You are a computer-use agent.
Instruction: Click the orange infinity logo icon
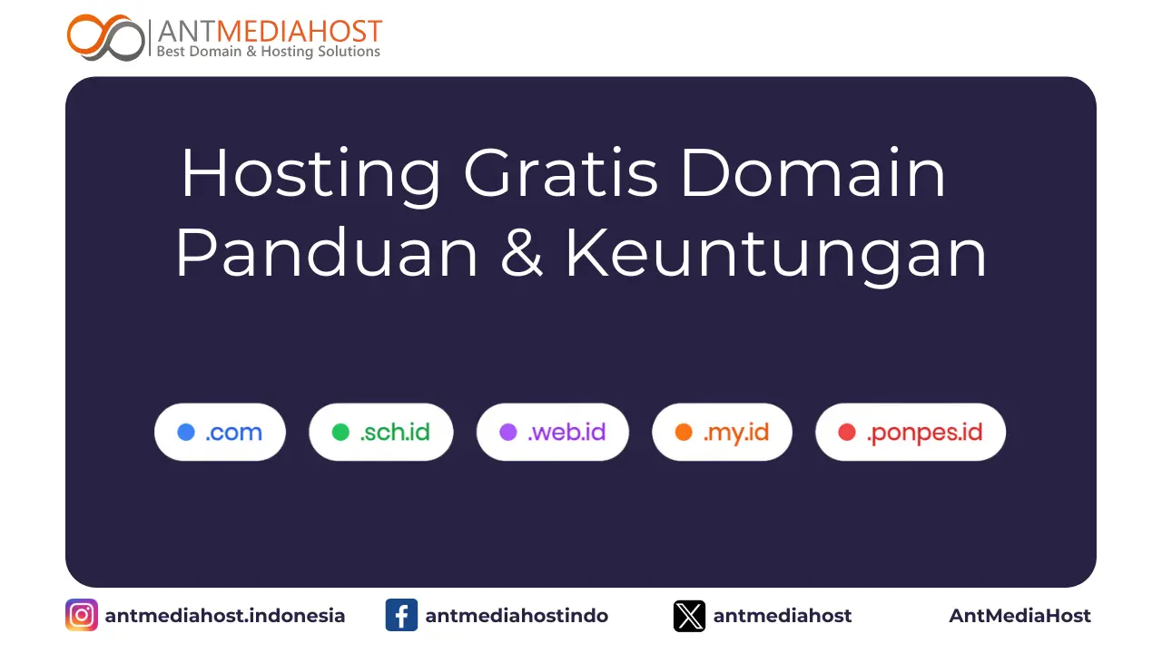(105, 38)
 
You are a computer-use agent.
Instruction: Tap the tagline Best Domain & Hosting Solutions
(268, 52)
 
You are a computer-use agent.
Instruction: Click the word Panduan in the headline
(326, 254)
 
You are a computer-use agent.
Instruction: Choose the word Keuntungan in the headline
(776, 254)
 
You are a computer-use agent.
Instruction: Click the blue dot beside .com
(186, 433)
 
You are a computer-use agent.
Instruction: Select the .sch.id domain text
(395, 433)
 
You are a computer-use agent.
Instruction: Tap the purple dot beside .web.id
(508, 433)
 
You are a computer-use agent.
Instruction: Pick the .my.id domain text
(735, 433)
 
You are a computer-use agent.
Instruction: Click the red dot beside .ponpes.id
(847, 433)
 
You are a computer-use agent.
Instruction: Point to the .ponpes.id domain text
(924, 433)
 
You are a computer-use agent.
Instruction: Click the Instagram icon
(82, 616)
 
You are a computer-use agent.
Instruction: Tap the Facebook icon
(401, 616)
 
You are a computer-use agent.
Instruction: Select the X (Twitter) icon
(689, 616)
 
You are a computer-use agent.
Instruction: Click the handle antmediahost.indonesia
(225, 616)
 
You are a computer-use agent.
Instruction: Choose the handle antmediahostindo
(517, 616)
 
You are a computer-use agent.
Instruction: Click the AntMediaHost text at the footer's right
(1019, 616)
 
